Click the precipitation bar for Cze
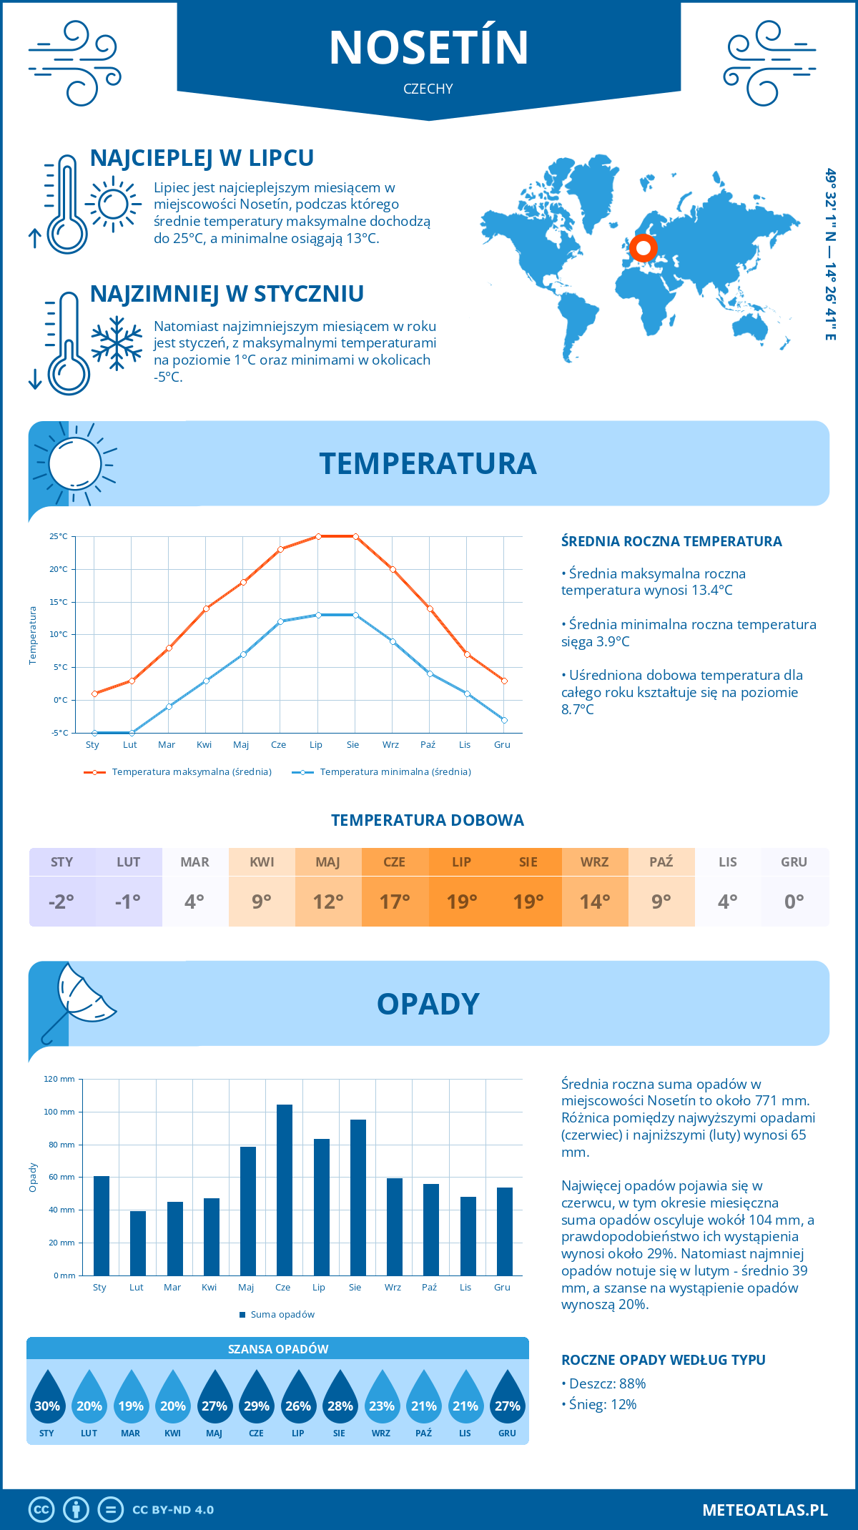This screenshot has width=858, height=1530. click(x=285, y=1190)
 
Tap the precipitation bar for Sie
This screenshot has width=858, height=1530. click(x=358, y=1198)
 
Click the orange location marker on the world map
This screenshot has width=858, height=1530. click(x=643, y=248)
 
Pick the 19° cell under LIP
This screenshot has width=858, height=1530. click(x=462, y=902)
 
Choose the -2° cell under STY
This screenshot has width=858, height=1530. click(x=61, y=902)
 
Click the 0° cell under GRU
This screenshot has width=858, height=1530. click(x=794, y=902)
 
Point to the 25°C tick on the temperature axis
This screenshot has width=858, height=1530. click(x=59, y=536)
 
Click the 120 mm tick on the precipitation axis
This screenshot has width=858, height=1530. click(x=59, y=1079)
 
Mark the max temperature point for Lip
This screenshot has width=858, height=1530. click(x=318, y=536)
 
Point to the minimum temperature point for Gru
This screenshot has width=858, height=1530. click(x=504, y=720)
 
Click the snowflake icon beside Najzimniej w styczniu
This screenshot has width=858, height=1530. click(x=117, y=343)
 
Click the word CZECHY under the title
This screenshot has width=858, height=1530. click(x=428, y=89)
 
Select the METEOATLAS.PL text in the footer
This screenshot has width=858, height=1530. click(x=765, y=1510)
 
